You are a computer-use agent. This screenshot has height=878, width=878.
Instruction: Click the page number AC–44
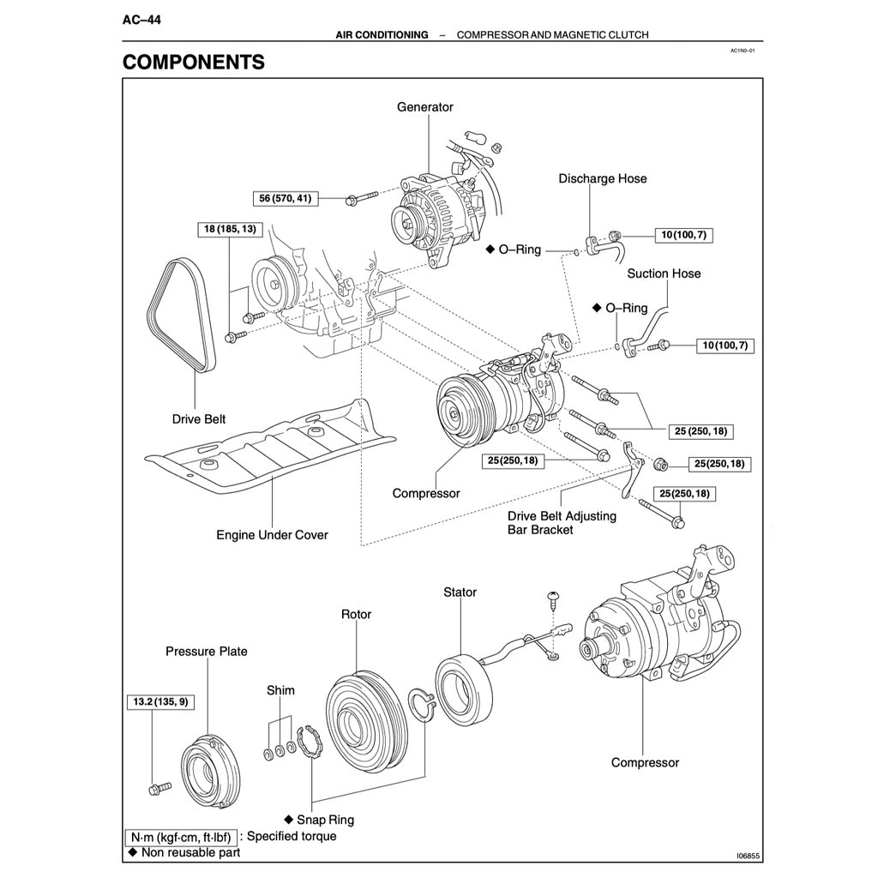pyautogui.click(x=142, y=20)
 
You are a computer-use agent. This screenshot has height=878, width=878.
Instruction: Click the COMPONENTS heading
pyautogui.click(x=194, y=63)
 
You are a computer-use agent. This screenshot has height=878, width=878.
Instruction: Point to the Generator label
pyautogui.click(x=424, y=107)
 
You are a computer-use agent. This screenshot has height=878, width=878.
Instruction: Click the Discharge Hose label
pyautogui.click(x=602, y=178)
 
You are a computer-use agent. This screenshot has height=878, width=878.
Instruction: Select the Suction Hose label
pyautogui.click(x=663, y=274)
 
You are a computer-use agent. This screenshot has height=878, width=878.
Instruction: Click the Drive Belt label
pyautogui.click(x=199, y=419)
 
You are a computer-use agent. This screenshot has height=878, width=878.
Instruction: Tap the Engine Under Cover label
pyautogui.click(x=272, y=535)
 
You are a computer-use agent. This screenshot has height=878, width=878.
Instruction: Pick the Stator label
pyautogui.click(x=460, y=592)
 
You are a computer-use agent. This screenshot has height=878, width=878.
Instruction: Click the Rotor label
pyautogui.click(x=356, y=615)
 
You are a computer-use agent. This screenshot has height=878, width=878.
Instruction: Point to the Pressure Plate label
pyautogui.click(x=206, y=652)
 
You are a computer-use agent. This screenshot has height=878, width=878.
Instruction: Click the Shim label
pyautogui.click(x=280, y=690)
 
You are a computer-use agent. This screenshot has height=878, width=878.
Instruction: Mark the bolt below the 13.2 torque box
pyautogui.click(x=159, y=786)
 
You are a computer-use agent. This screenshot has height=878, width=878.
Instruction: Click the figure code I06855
pyautogui.click(x=748, y=856)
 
